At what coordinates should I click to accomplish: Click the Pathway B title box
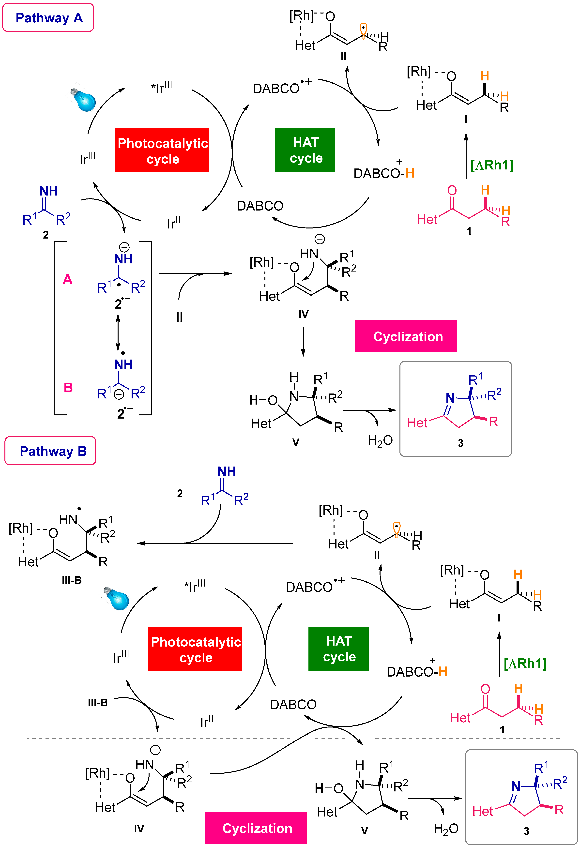coord(50,451)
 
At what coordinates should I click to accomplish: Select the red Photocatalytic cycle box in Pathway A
coord(162,150)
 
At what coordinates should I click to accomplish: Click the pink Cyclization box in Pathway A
coord(406,336)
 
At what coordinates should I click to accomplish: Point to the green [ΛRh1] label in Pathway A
coord(492,165)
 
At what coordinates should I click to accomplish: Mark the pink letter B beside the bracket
coord(68,387)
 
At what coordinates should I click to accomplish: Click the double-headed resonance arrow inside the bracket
coord(118,332)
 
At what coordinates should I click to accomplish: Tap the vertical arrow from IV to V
coord(303,342)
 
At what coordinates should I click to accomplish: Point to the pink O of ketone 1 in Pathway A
coord(452,190)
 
